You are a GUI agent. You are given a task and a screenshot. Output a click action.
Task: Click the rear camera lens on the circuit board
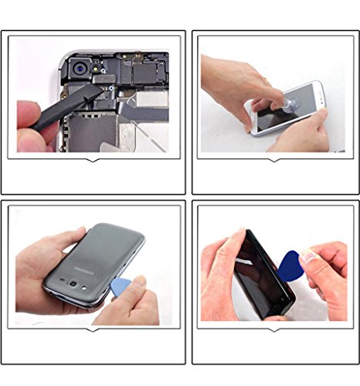tap(80, 69)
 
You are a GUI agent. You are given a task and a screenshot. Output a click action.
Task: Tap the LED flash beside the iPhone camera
tap(96, 68)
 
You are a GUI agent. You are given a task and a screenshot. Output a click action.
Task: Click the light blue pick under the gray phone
tap(120, 286)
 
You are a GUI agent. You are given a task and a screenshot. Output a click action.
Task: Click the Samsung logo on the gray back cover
tap(84, 271)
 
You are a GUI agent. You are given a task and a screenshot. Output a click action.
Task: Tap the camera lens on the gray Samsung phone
tap(73, 283)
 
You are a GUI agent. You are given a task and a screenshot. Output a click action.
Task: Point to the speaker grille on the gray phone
tap(62, 279)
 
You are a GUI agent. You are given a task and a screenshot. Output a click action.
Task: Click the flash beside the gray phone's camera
tap(84, 288)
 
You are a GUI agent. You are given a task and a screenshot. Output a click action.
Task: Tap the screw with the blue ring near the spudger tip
tap(111, 88)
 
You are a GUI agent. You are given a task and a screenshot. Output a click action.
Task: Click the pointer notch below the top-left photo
tap(93, 160)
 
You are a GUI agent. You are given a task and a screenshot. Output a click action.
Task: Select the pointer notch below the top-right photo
tap(274, 160)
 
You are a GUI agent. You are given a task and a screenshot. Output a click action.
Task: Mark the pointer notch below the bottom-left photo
tap(93, 330)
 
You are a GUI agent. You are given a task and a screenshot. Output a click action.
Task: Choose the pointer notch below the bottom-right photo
tap(274, 330)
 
